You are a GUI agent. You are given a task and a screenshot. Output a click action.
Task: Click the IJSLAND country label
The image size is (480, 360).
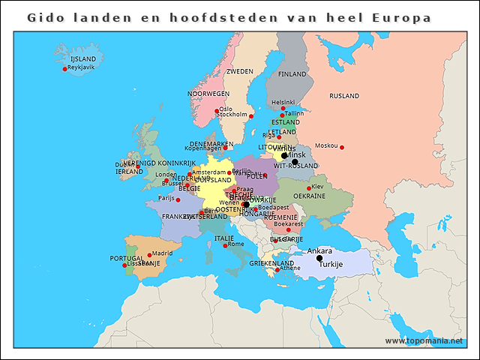click(x=82, y=58)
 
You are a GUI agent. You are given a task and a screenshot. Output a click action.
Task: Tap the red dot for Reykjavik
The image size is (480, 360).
click(x=64, y=69)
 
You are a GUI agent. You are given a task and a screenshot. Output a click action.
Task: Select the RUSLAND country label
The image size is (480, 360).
click(x=344, y=96)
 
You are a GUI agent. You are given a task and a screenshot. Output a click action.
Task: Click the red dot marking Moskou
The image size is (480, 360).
click(x=342, y=147)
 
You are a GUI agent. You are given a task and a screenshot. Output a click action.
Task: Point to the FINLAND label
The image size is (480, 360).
click(x=292, y=75)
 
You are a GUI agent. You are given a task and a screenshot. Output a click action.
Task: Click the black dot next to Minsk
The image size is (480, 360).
click(x=283, y=156)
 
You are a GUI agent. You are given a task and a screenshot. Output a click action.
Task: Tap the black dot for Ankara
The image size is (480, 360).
click(x=319, y=258)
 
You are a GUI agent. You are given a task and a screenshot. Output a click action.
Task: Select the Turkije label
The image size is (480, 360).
click(x=331, y=265)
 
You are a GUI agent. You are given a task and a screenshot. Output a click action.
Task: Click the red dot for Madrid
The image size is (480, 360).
click(x=149, y=255)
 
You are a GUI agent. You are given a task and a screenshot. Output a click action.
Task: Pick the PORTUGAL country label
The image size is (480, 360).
click(x=127, y=258)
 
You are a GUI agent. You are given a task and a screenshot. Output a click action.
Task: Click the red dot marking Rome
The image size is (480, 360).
click(x=225, y=245)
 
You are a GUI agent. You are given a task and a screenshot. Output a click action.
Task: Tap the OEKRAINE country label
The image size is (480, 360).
click(x=309, y=196)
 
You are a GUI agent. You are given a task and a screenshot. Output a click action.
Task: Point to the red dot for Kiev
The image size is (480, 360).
click(x=309, y=188)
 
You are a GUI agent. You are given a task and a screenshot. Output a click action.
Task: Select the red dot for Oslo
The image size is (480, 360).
click(x=216, y=111)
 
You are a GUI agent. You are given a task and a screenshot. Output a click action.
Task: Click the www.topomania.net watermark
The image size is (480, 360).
click(x=424, y=340)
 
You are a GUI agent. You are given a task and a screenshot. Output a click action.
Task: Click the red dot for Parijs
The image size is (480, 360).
click(x=178, y=199)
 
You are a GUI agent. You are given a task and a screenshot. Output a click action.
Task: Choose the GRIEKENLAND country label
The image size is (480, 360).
click(x=271, y=264)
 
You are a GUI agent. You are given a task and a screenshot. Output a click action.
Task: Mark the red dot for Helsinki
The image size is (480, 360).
click(x=283, y=108)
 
